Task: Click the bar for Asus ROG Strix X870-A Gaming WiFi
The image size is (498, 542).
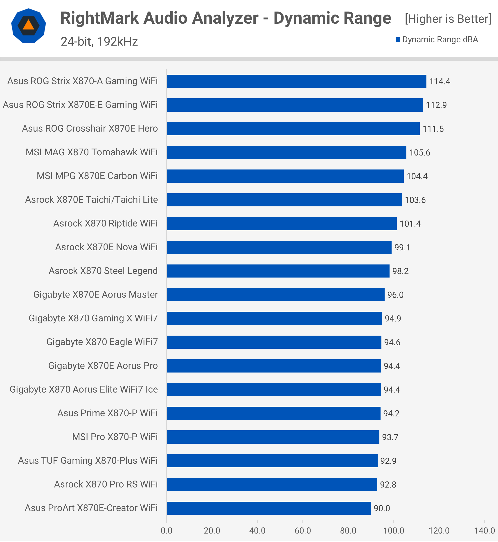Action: (296, 81)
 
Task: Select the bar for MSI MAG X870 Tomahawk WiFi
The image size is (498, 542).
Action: (286, 152)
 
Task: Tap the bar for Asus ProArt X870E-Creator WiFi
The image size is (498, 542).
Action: (268, 508)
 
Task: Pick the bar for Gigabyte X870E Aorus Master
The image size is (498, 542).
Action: (275, 295)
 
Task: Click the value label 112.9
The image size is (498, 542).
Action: (436, 105)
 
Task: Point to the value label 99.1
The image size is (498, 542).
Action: (402, 247)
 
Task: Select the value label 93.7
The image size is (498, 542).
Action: (390, 437)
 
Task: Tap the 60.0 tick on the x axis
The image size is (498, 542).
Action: (303, 531)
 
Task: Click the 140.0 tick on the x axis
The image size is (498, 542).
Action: (484, 531)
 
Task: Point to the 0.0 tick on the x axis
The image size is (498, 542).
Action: (167, 531)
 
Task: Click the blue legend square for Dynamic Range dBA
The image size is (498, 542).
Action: (397, 40)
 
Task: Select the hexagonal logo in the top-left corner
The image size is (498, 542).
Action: (29, 26)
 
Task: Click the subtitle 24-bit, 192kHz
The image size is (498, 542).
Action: (99, 41)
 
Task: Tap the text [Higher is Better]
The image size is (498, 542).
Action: (448, 19)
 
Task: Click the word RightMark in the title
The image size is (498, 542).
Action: (99, 18)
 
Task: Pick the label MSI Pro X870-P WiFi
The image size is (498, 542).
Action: (115, 437)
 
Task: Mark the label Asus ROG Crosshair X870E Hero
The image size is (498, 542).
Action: (90, 128)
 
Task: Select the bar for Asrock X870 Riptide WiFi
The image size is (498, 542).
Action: (282, 224)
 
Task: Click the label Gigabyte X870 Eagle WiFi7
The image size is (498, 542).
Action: (102, 342)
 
